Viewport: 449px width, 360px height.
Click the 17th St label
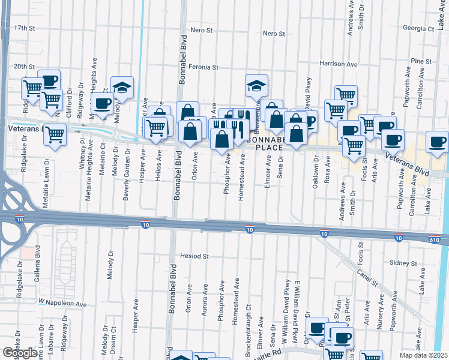[25, 28]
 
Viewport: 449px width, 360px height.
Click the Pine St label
[421, 61]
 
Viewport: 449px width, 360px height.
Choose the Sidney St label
[403, 263]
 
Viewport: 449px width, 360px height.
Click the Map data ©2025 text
[423, 355]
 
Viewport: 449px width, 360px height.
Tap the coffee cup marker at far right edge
[436, 142]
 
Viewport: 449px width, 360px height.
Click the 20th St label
[25, 67]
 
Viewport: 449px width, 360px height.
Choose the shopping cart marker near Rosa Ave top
[346, 94]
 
